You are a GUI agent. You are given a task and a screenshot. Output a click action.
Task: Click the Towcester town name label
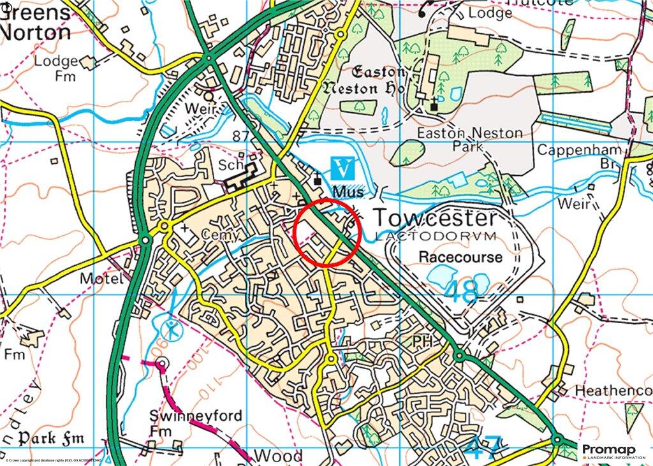(434, 218)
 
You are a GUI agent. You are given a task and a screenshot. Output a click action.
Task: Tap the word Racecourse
(460, 257)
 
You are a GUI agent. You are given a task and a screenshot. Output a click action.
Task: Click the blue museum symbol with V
(343, 169)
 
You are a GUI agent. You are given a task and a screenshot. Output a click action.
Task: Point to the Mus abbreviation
(348, 191)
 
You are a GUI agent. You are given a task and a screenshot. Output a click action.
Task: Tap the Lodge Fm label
(55, 69)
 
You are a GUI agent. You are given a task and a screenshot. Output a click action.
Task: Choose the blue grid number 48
(460, 292)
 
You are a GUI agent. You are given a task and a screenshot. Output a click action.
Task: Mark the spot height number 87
(240, 136)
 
